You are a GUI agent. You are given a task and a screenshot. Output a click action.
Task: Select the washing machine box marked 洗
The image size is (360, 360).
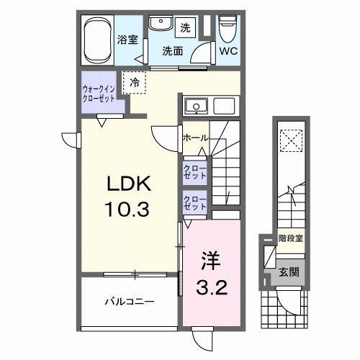coord(185,28)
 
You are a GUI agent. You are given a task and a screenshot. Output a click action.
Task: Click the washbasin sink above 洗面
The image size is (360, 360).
coord(158,26)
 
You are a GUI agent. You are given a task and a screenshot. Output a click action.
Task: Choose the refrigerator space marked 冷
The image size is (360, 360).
coord(135,82)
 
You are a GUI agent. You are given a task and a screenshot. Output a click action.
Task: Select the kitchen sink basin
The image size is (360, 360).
coord(194,107)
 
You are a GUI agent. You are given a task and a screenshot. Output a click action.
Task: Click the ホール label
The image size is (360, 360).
coord(195,138)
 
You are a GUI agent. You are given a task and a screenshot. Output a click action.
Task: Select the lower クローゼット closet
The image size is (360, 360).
coord(194,203)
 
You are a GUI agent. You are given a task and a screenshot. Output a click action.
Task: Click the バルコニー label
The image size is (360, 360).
coord(130,302)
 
